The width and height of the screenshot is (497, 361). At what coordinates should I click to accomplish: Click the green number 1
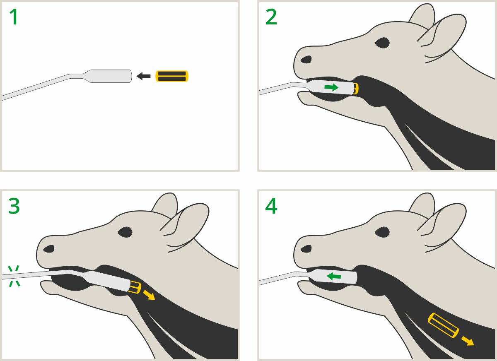[14, 17]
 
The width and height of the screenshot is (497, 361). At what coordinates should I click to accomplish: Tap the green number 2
[271, 17]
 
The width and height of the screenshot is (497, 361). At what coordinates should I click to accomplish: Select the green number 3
[14, 206]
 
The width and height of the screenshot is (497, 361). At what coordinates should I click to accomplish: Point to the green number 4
[271, 206]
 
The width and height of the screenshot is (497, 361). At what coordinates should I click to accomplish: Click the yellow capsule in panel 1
[172, 76]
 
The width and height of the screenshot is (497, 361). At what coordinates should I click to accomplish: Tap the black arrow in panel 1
[143, 76]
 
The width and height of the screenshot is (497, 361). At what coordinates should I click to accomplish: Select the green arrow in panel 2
[331, 87]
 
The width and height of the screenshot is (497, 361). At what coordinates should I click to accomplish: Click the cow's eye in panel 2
[382, 43]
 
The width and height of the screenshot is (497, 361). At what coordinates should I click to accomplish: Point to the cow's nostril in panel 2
[306, 59]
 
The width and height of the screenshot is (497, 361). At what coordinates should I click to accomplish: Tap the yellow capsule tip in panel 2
[356, 89]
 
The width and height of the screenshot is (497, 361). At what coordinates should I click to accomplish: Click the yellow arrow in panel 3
[149, 295]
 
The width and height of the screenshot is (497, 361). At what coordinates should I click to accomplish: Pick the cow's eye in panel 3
[125, 232]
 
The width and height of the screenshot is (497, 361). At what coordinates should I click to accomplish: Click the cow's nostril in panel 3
[49, 249]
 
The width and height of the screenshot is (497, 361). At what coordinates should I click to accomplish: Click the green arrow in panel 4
[334, 276]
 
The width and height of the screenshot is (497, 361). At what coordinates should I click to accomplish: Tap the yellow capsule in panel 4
[443, 325]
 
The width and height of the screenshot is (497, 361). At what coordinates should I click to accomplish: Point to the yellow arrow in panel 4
[468, 341]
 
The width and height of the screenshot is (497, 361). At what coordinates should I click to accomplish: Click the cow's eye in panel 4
[382, 232]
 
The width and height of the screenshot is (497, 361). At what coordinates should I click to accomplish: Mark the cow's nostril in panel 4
[306, 249]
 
